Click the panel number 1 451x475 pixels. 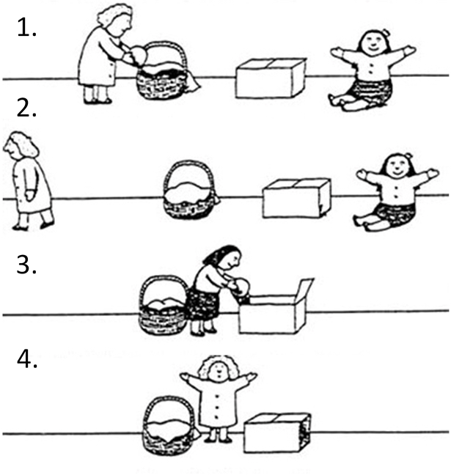point(26,28)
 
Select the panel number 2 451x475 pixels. point(26,108)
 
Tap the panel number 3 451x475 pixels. point(26,265)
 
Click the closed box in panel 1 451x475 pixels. point(271,78)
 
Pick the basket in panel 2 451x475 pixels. point(190,190)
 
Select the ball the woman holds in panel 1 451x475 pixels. point(139,54)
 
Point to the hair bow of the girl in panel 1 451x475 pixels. point(386,32)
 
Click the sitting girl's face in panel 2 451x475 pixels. point(398,166)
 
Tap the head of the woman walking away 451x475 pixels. point(20,145)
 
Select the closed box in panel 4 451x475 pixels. point(277,432)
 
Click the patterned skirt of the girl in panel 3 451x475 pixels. point(202,304)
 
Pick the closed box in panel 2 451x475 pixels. point(296,198)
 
